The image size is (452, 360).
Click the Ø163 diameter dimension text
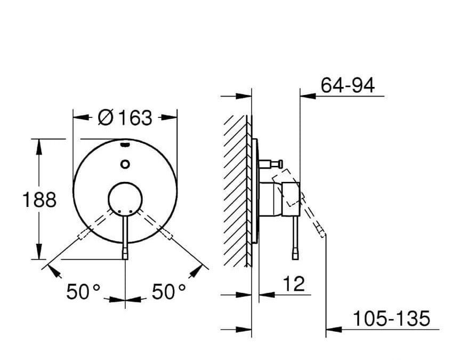tap(125, 118)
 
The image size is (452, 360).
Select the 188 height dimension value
tap(39, 199)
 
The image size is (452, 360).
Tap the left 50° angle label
tap(83, 291)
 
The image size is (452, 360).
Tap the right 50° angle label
tap(168, 291)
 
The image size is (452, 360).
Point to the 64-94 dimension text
tap(348, 85)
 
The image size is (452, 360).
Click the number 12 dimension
tap(294, 284)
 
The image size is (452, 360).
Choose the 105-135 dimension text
tap(391, 318)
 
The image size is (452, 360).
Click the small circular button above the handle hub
tap(125, 164)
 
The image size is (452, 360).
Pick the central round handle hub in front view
tap(125, 199)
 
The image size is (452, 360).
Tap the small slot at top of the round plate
tap(125, 145)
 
